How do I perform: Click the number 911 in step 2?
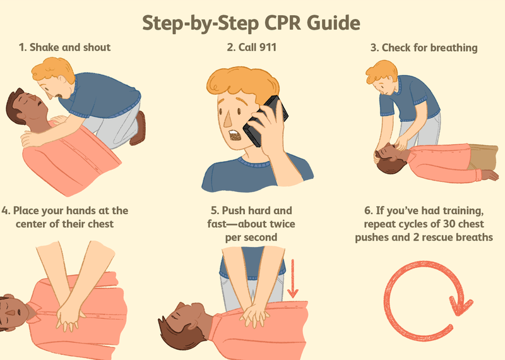click(268, 47)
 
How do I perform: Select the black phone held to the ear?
click(265, 121)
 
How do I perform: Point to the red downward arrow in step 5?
click(292, 279)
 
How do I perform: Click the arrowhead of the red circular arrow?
click(461, 306)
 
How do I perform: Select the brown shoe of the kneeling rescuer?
click(138, 128)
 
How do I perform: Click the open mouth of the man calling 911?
click(235, 135)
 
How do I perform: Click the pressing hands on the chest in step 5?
click(255, 315)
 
